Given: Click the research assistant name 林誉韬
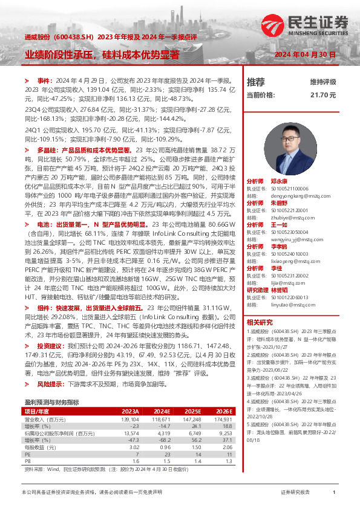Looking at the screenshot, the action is [279, 290].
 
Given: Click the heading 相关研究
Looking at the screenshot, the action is [260, 322].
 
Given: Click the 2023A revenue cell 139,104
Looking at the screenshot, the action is [130, 418].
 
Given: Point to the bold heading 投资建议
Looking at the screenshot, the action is [50, 346].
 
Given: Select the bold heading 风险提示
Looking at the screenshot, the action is [50, 384].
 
